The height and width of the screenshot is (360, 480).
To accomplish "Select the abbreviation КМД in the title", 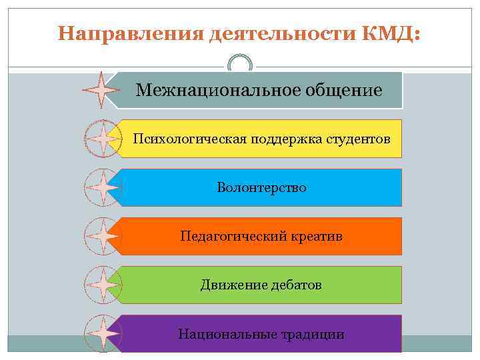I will (x=389, y=33).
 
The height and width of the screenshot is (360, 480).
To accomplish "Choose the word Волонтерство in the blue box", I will (x=261, y=187).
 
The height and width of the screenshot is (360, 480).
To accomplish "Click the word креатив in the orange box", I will (x=316, y=236).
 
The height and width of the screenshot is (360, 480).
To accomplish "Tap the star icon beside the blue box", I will (x=102, y=187).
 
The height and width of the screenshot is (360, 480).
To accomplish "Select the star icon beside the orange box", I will (x=102, y=236).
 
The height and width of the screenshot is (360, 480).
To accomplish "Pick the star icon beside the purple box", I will (x=102, y=333).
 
